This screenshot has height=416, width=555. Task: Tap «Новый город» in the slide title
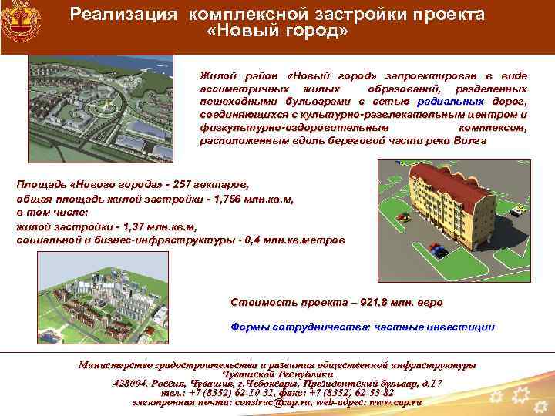coord(278,32)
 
